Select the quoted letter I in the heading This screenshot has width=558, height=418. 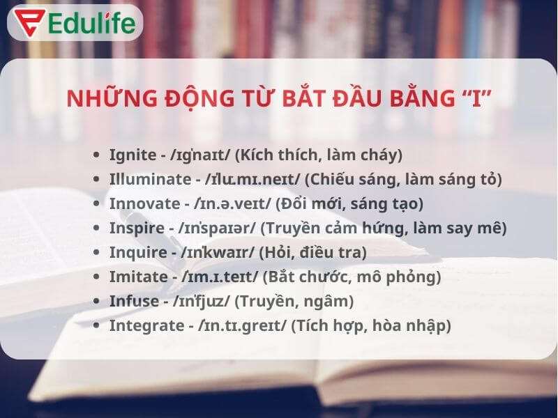476,99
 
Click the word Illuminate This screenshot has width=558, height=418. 146,179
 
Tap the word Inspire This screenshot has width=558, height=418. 133,228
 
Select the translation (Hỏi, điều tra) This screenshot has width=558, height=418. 312,252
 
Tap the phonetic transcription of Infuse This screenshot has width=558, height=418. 203,301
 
